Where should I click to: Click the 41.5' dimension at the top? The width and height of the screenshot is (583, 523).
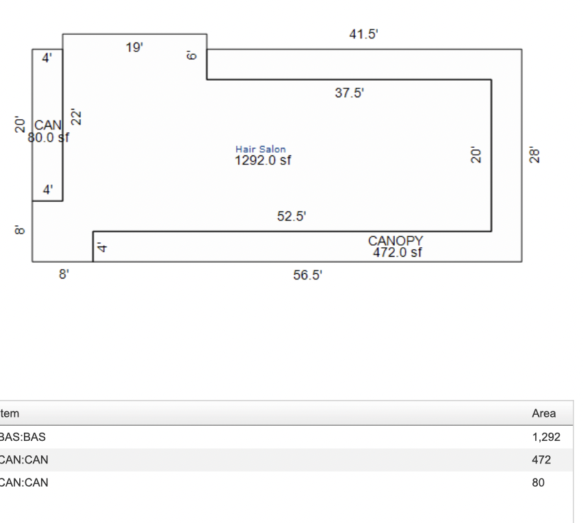pos(363,34)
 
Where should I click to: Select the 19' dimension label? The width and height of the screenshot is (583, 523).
pos(134,48)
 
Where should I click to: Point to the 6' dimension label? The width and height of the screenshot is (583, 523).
pos(191,55)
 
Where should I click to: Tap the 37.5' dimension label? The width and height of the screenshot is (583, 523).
pos(349,92)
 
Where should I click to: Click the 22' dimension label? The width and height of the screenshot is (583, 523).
pos(76,117)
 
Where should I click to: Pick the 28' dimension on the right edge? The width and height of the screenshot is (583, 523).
pos(534,155)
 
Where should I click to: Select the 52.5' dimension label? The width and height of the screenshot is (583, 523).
pos(291,216)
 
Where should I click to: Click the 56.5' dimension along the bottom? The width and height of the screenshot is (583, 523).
pos(307,275)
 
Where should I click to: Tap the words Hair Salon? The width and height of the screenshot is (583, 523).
pos(261,149)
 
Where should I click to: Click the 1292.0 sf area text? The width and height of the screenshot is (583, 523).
pos(263,160)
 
